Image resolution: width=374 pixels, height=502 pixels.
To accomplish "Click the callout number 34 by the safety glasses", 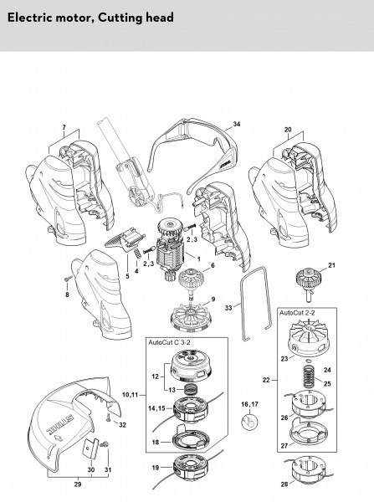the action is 237,124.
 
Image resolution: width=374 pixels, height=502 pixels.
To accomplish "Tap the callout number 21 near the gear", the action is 331,265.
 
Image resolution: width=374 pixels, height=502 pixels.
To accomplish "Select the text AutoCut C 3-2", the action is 169,342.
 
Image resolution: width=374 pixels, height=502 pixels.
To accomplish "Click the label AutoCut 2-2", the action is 297,313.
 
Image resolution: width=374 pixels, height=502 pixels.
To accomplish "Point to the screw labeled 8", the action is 67,279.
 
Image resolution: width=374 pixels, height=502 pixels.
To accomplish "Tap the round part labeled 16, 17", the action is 249,421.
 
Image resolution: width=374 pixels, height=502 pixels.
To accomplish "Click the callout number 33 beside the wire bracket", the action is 228,308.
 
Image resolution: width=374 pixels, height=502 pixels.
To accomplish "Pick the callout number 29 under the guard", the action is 78,484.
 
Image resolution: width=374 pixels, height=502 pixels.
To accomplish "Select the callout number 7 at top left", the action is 64,127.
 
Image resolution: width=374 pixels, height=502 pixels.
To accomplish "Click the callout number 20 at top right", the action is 288,130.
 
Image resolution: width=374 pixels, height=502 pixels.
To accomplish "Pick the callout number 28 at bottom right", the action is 284,484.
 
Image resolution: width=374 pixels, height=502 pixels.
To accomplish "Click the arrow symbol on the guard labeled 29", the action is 59,438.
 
